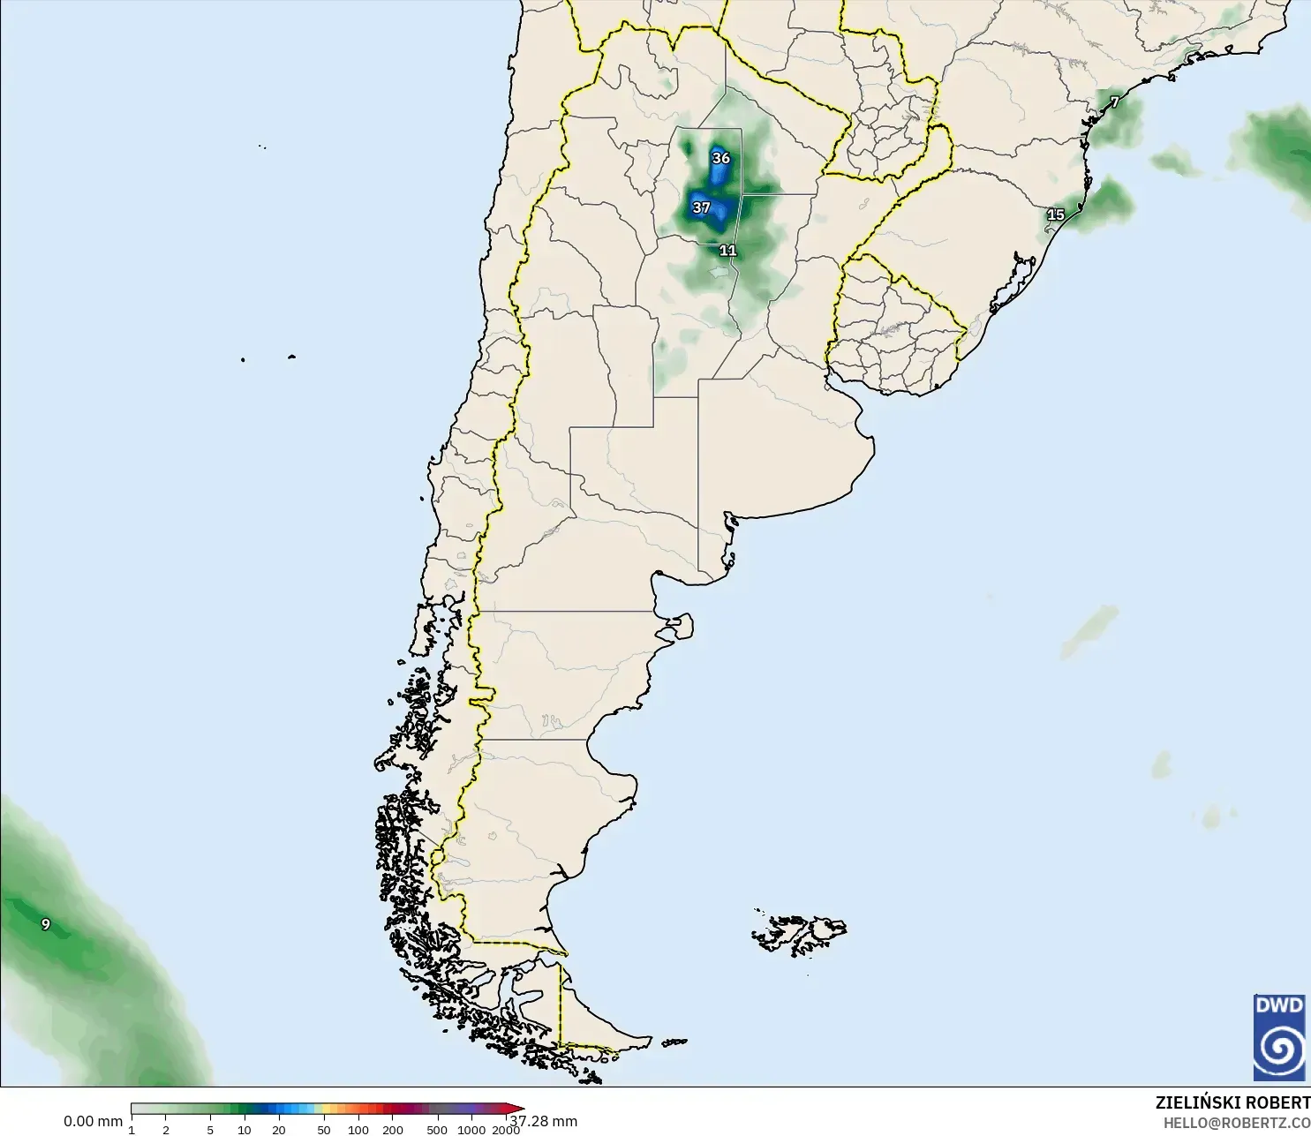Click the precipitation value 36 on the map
721,158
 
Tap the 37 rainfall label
701,207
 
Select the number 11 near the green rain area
727,251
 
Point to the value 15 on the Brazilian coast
1056,214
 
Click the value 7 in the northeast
1115,102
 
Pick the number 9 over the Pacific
46,924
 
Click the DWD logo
1278,1037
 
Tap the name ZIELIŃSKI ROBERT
1232,1102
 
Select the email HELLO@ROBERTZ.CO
1236,1123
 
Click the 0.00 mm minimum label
93,1121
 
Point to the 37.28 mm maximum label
544,1121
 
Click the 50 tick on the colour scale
324,1130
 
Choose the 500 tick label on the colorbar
437,1130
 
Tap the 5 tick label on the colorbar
210,1130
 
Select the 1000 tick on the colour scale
471,1130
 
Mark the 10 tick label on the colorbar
245,1130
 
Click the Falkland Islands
799,933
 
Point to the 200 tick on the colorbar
393,1130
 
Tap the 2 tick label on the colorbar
165,1130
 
